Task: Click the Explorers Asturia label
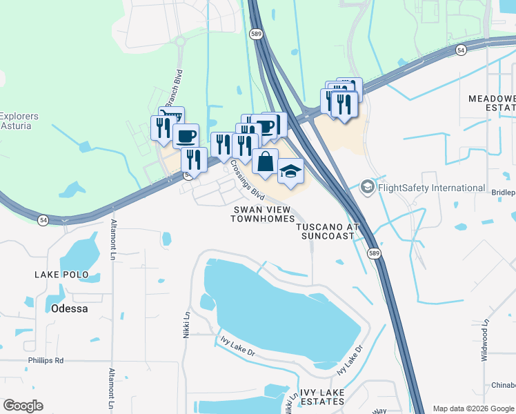click(19, 121)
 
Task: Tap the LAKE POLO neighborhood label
click(61, 275)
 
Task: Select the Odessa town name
click(69, 308)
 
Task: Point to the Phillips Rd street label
click(46, 360)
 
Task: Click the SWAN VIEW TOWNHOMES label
click(259, 214)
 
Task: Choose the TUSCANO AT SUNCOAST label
click(327, 230)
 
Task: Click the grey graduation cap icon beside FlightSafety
click(368, 187)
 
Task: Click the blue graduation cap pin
click(290, 170)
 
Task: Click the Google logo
click(23, 406)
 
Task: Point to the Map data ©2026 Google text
click(473, 408)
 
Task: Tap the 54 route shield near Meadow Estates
click(461, 51)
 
